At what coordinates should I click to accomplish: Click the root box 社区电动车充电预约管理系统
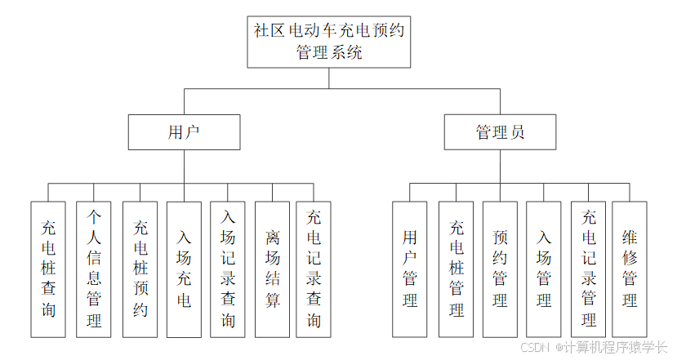(x=329, y=41)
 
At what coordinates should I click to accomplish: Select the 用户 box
(x=184, y=131)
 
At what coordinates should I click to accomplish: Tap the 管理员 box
(x=501, y=131)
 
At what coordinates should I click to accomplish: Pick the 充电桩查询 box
(x=49, y=269)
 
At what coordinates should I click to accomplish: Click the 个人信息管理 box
(x=94, y=269)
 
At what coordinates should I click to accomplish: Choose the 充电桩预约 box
(x=140, y=269)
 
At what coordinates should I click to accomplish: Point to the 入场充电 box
(x=185, y=269)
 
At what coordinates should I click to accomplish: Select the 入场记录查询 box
(x=228, y=269)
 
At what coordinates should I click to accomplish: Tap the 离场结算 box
(x=272, y=269)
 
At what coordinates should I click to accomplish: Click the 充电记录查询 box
(x=314, y=269)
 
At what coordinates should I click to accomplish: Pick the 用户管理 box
(x=410, y=269)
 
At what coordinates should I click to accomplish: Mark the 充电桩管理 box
(x=457, y=269)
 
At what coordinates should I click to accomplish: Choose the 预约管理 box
(x=501, y=269)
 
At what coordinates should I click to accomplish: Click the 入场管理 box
(x=544, y=269)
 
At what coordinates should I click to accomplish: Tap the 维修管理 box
(x=630, y=269)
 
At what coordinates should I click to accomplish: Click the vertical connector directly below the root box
(x=329, y=78)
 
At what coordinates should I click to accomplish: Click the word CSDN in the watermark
(x=535, y=347)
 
